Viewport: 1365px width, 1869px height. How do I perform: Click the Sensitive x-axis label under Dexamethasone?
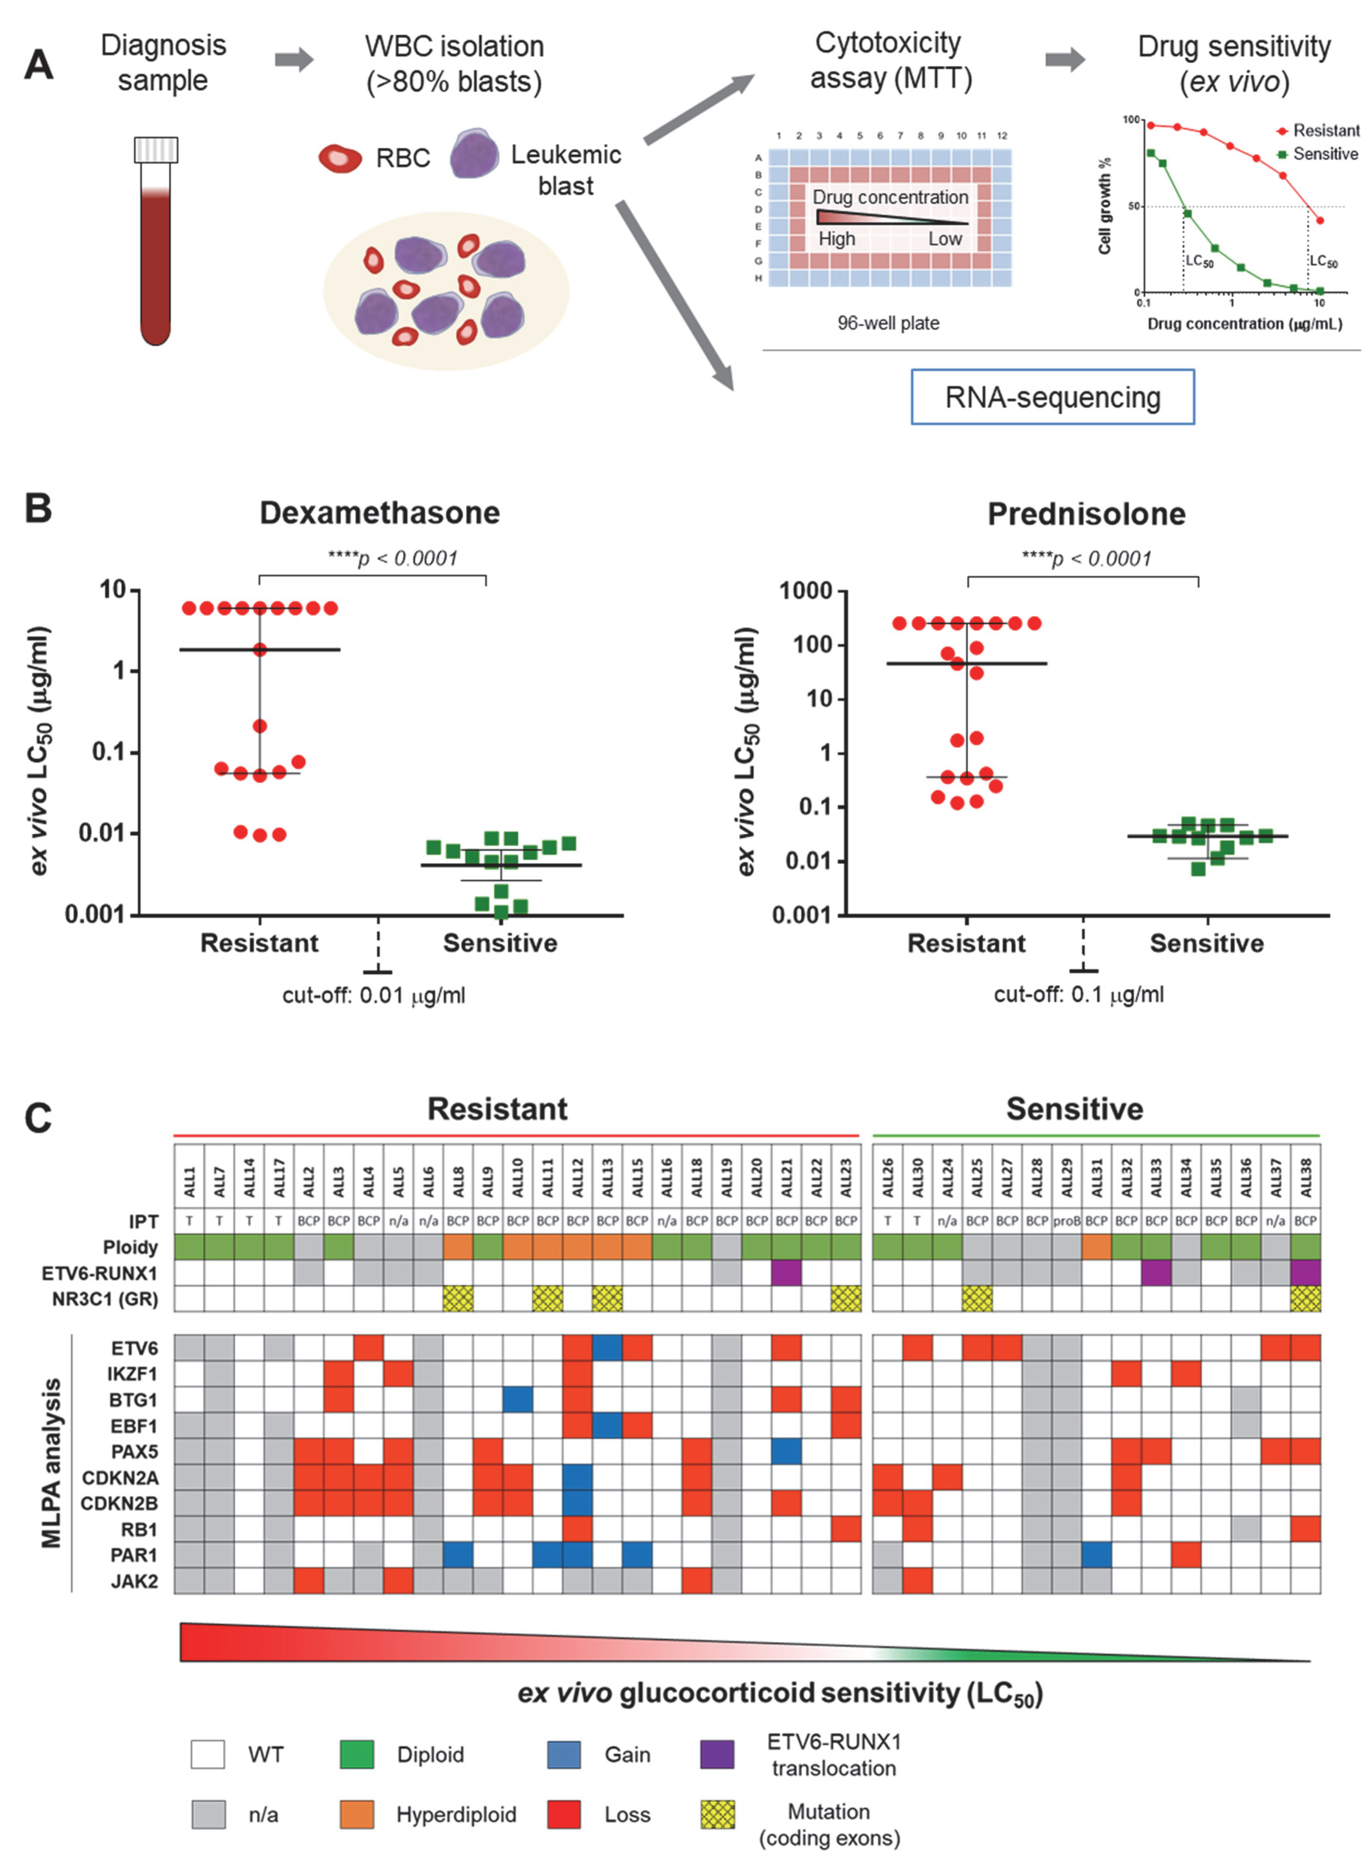pos(500,943)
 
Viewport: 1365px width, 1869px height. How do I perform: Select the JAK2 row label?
pos(134,1581)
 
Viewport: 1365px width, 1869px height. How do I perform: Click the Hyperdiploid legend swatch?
pos(357,1815)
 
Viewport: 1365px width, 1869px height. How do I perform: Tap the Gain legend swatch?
pos(563,1754)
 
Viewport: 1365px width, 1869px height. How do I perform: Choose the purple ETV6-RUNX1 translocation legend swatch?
pos(716,1754)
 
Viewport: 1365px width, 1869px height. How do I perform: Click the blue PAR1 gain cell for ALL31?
pos(1096,1555)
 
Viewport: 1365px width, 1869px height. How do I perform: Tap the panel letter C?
pos(38,1119)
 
